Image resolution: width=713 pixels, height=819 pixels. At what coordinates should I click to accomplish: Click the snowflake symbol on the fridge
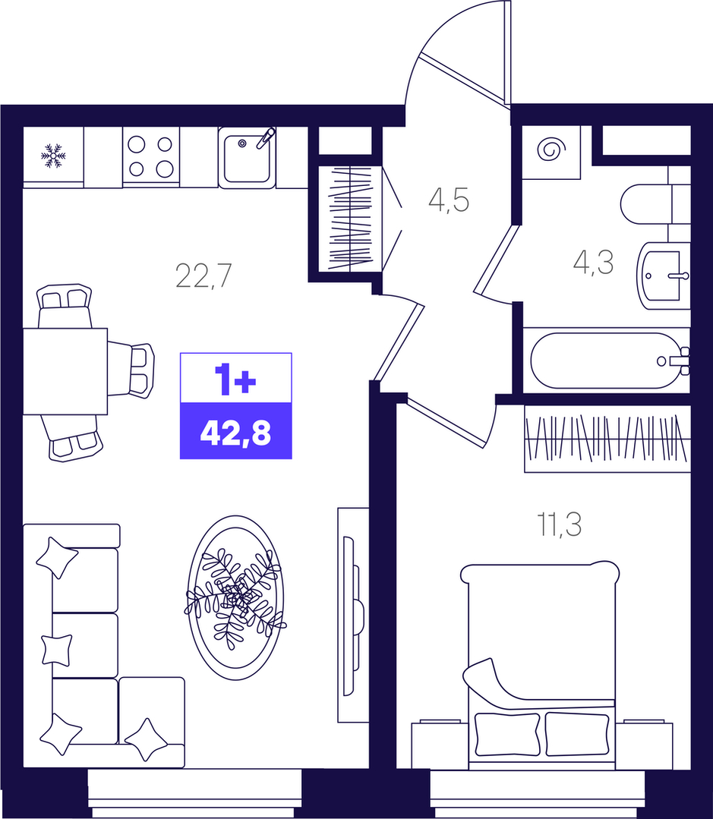tap(53, 156)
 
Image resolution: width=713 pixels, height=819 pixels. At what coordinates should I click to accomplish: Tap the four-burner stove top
tap(151, 156)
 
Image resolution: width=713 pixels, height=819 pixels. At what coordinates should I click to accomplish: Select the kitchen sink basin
tap(247, 158)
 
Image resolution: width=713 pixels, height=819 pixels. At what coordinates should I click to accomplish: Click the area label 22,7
tap(203, 276)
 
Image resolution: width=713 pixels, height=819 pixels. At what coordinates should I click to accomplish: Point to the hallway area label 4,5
tap(449, 200)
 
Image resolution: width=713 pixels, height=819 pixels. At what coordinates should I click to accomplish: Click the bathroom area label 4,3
tap(593, 262)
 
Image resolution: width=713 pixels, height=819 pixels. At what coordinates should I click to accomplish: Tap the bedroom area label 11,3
tap(560, 524)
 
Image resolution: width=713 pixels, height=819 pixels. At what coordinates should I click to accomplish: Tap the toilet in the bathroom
tap(655, 203)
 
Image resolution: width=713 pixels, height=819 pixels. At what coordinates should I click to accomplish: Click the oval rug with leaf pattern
tap(235, 597)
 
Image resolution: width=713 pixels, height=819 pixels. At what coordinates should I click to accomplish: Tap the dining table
tap(65, 371)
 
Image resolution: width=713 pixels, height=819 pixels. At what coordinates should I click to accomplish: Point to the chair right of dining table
tap(131, 370)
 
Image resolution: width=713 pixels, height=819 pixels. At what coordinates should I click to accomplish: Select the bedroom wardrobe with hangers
tap(607, 438)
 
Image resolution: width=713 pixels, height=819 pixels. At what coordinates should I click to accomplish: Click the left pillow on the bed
tap(506, 735)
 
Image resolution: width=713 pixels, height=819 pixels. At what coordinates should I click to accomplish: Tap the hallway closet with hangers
tap(351, 219)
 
